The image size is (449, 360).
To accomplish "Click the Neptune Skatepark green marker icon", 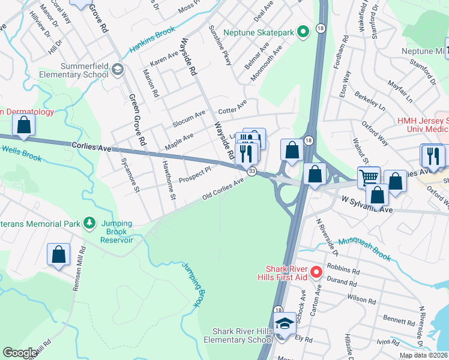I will tap(304, 31).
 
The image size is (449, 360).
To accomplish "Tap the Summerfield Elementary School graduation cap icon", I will tap(118, 70).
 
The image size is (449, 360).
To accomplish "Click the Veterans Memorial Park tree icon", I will tap(89, 224).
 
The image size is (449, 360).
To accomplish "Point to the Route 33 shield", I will tap(252, 172).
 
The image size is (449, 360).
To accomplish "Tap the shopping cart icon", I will tap(369, 176).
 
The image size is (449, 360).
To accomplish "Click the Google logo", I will tap(20, 353).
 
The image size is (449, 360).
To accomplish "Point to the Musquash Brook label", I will tap(364, 248).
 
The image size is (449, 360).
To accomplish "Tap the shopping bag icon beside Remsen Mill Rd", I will tap(59, 254).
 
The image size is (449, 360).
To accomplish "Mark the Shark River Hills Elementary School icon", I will tap(283, 325).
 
